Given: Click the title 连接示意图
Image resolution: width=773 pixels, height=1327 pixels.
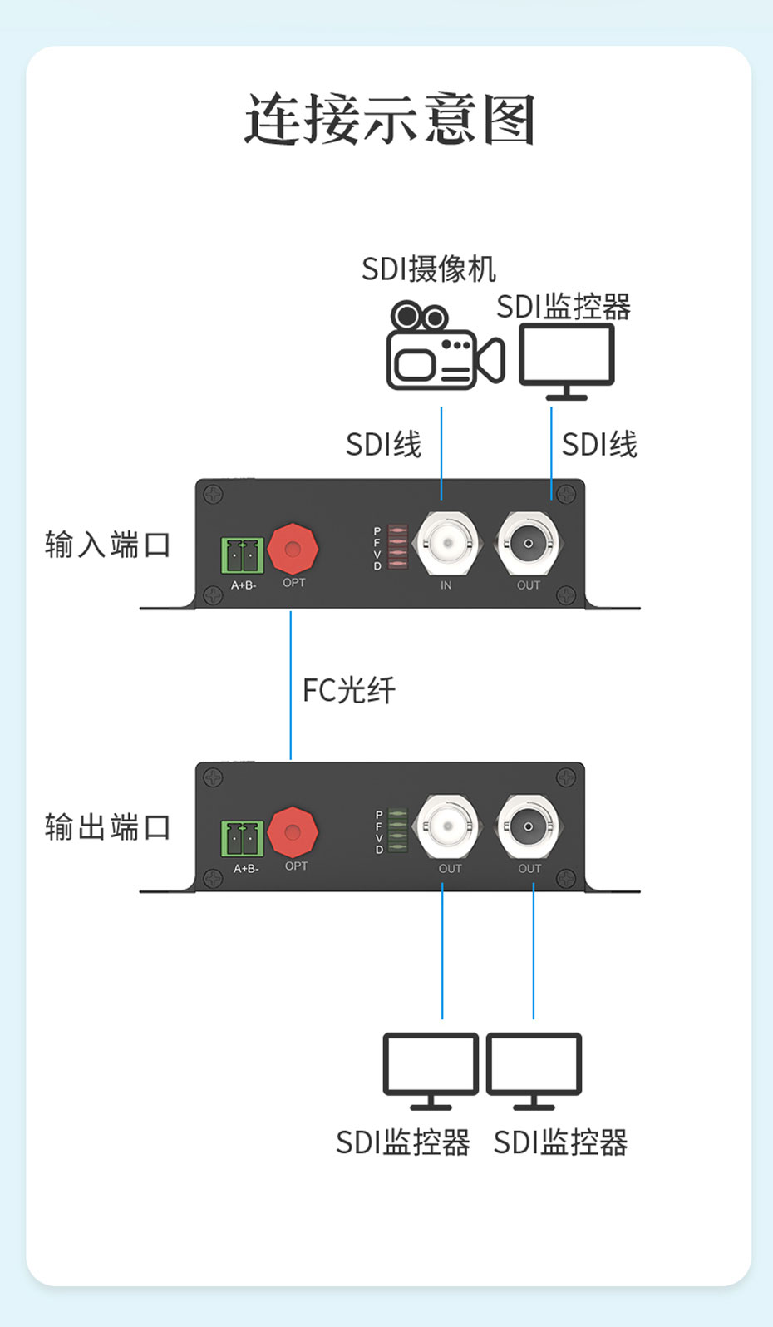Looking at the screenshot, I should (389, 120).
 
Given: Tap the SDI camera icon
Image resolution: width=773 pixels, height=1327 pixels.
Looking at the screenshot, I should (444, 347).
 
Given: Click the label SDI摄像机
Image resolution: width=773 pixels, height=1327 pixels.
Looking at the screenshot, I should (428, 269).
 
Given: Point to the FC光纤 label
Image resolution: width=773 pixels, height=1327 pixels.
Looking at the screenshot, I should (349, 691).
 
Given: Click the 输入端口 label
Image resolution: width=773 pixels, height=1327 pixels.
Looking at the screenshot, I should (108, 545).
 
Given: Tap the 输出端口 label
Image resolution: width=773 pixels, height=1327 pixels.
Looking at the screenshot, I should (108, 828).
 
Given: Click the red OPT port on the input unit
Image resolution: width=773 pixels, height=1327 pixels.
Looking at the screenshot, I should (293, 549).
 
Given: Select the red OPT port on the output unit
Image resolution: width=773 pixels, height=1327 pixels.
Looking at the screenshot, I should (293, 831).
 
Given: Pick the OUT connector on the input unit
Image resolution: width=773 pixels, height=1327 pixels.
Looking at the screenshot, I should (528, 544).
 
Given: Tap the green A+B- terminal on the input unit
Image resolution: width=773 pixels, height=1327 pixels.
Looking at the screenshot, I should (242, 555).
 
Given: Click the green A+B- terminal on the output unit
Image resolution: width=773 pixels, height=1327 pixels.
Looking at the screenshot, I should (242, 838).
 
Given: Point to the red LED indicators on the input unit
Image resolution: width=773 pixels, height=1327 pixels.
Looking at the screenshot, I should (397, 547).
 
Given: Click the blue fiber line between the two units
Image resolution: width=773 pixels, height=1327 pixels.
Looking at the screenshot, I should (291, 685).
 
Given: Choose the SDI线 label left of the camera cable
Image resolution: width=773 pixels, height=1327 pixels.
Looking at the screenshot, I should (383, 445).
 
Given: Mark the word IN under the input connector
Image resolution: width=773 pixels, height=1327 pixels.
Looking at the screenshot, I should (446, 585).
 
